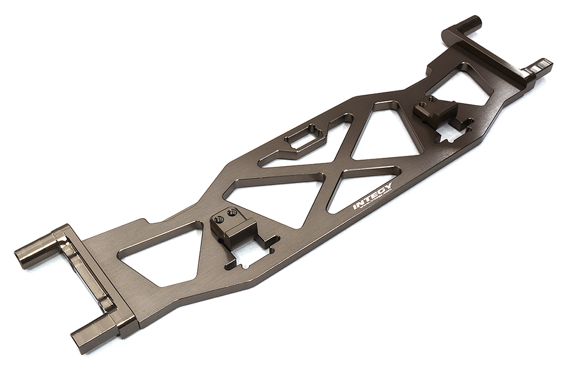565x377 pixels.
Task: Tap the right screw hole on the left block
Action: [x=231, y=213]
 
